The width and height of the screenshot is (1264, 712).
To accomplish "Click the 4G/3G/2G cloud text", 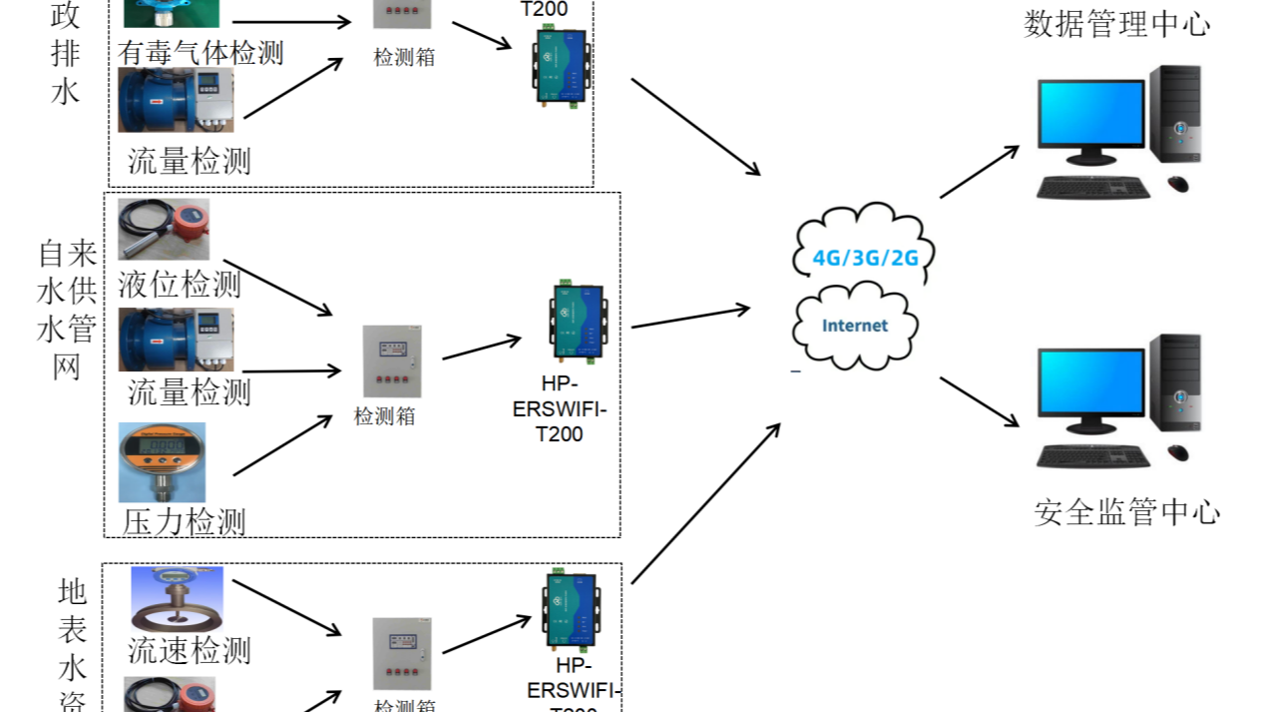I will coord(865,257).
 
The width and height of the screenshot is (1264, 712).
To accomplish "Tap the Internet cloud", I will coord(855,326).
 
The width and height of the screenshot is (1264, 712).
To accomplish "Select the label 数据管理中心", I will coord(1116,24).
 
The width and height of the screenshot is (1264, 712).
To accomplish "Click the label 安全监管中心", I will coord(1127,512).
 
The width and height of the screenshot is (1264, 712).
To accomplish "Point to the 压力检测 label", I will coord(185,520).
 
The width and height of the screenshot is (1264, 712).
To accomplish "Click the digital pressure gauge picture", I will coord(162,461).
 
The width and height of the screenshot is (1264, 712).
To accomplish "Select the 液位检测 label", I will coord(180,284).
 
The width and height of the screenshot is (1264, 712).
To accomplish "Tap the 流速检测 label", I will coord(189,650).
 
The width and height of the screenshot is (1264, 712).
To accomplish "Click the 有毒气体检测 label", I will coord(201,52).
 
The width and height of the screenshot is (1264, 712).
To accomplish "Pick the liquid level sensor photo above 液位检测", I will coord(164,229).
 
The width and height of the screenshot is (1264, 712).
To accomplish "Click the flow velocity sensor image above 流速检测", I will coord(177,598).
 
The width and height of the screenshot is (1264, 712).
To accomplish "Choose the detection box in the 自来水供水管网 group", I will coord(391,360).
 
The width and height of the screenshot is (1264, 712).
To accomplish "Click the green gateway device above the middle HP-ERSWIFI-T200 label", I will coord(578,323).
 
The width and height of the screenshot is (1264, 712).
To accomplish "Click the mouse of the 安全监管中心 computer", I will coord(1178,453).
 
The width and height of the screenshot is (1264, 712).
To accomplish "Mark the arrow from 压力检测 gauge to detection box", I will coord(282,445).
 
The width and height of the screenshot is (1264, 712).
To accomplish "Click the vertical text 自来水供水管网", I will coord(67,310).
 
